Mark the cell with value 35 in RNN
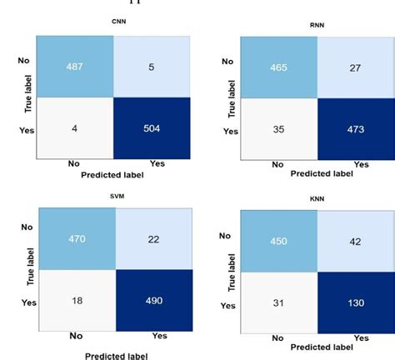(x=277, y=129)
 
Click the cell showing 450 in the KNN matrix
(x=277, y=242)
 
